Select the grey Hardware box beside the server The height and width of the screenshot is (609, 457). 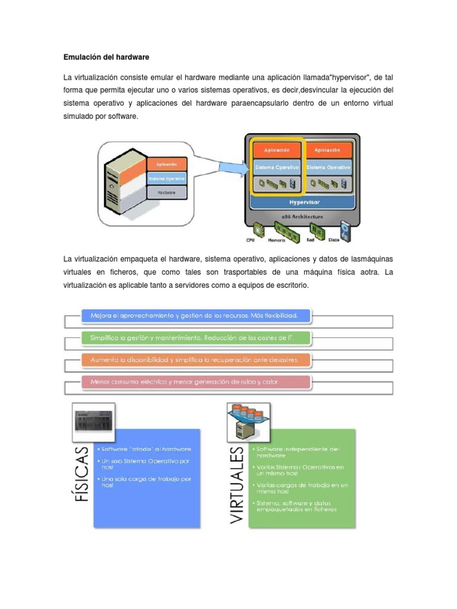point(167,192)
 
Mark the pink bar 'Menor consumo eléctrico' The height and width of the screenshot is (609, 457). point(196,381)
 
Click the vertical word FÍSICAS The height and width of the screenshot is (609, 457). point(82,473)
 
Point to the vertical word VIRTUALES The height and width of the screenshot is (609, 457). point(237,485)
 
